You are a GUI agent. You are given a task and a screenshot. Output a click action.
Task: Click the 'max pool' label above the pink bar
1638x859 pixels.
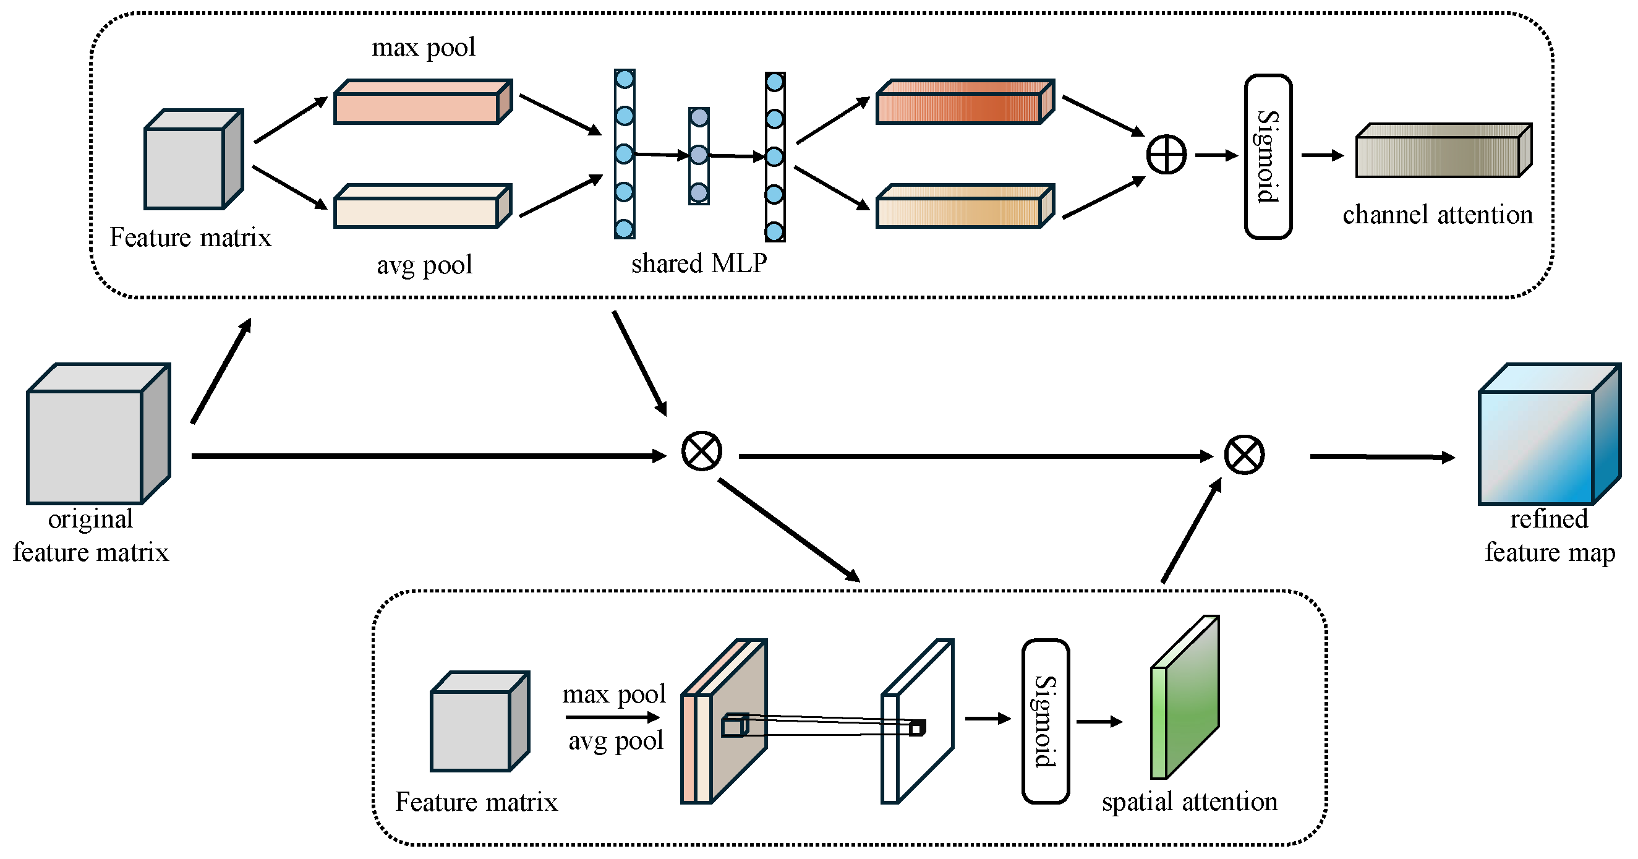(424, 47)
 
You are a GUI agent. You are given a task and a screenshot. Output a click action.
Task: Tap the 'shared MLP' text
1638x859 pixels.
(699, 263)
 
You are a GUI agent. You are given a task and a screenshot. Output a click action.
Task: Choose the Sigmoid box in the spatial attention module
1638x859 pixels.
(1046, 721)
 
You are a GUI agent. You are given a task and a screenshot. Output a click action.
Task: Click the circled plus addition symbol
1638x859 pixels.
(1166, 155)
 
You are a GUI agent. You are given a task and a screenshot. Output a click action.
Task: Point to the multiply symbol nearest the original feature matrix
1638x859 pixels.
(701, 451)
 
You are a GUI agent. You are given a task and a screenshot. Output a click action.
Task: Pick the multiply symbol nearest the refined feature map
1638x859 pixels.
(1243, 455)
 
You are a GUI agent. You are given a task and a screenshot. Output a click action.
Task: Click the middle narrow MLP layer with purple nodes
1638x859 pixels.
(699, 156)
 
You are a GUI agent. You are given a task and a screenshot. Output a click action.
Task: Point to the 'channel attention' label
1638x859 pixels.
(1437, 215)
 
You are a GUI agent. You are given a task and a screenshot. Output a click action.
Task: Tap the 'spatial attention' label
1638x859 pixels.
(1189, 801)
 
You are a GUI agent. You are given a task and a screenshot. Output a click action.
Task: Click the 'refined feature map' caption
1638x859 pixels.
(1549, 536)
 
